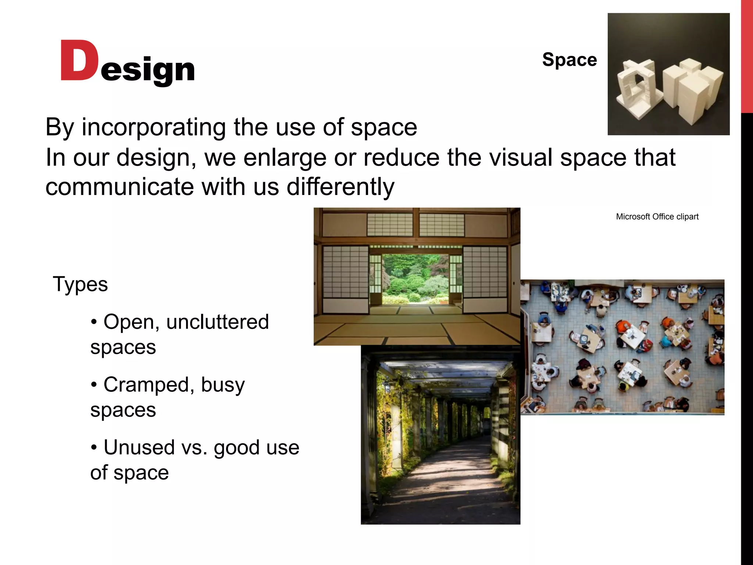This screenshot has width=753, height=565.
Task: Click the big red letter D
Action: click(79, 61)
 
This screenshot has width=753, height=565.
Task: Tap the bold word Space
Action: click(570, 60)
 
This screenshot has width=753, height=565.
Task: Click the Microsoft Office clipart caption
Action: click(657, 217)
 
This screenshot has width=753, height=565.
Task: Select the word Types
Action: click(81, 284)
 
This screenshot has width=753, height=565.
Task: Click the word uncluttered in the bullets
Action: click(218, 322)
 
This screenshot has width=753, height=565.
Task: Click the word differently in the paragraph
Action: click(340, 187)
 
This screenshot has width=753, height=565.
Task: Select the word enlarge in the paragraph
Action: click(285, 157)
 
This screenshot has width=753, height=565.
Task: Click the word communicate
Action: click(119, 187)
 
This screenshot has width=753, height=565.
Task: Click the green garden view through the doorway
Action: click(415, 278)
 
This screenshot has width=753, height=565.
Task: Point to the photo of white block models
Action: click(668, 74)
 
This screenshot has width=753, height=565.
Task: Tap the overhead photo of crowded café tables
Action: click(622, 347)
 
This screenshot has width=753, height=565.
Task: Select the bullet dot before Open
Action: click(94, 322)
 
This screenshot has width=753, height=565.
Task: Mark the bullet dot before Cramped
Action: click(94, 385)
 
